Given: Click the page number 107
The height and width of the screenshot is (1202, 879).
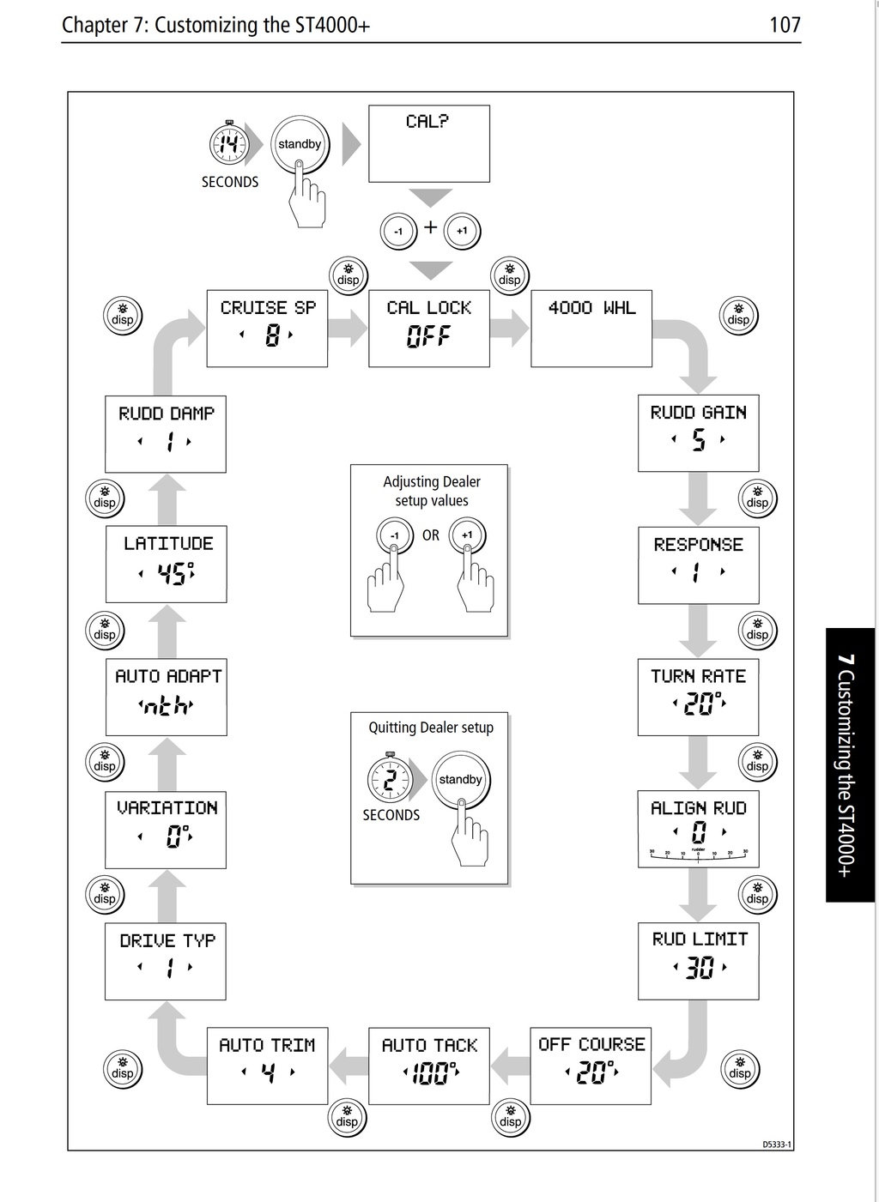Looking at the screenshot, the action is point(785,25).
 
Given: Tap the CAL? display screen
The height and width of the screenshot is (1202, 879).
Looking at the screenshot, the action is point(429,143).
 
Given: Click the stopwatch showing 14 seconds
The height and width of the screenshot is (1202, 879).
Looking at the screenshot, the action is point(228,144).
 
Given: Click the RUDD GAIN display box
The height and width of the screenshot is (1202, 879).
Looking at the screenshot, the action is point(698,433).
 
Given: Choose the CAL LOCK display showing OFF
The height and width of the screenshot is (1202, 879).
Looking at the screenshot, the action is point(429,329).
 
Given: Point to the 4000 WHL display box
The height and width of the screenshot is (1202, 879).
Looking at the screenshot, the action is point(591,329).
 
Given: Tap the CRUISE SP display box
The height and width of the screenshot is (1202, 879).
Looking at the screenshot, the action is point(267,329).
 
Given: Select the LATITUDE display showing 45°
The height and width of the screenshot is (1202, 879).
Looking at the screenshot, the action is point(166,564).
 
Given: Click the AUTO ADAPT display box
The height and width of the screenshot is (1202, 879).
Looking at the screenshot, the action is point(166,697).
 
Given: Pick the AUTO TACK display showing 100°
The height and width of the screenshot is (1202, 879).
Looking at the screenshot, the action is point(429,1066).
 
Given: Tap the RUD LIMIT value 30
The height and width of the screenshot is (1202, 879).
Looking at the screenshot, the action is point(700,968).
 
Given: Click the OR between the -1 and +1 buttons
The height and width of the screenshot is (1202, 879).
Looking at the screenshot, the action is point(431,535).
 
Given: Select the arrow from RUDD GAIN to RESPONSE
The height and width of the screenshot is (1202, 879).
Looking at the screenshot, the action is point(698,499).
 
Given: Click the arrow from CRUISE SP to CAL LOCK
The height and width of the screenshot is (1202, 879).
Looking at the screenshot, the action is point(348,328).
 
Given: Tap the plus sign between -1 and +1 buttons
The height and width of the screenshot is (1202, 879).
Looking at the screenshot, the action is point(431,227).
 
